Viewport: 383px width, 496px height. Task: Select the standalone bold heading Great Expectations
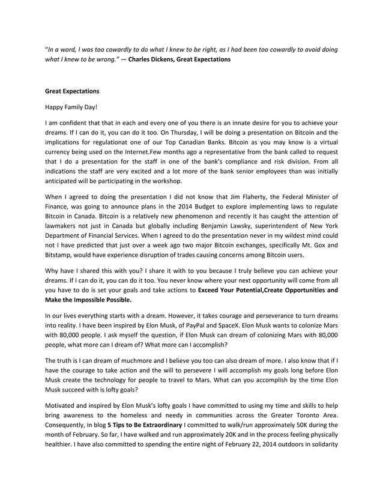(x=72, y=92)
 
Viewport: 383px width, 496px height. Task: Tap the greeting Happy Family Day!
(x=71, y=107)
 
